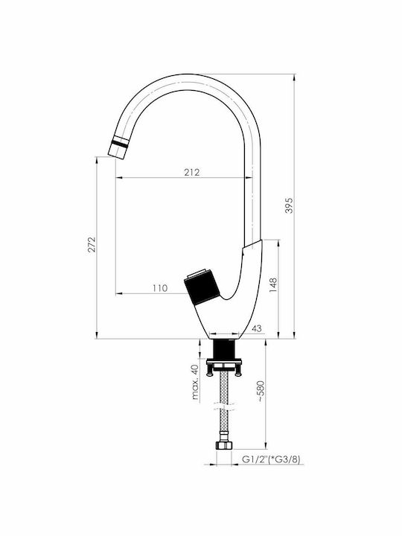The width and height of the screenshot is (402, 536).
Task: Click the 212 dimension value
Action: click(192, 172)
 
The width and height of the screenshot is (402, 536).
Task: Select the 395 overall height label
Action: click(289, 205)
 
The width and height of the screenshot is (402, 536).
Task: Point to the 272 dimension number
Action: click(92, 244)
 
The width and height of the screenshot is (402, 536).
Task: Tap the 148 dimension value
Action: click(273, 284)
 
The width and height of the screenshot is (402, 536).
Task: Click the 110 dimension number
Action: click(160, 288)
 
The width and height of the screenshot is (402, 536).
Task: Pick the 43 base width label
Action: click(257, 328)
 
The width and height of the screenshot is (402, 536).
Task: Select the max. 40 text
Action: click(195, 382)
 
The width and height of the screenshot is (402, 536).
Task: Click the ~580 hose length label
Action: click(261, 391)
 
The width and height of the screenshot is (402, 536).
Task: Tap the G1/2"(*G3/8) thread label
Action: click(271, 459)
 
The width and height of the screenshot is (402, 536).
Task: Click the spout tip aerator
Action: click(118, 147)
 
